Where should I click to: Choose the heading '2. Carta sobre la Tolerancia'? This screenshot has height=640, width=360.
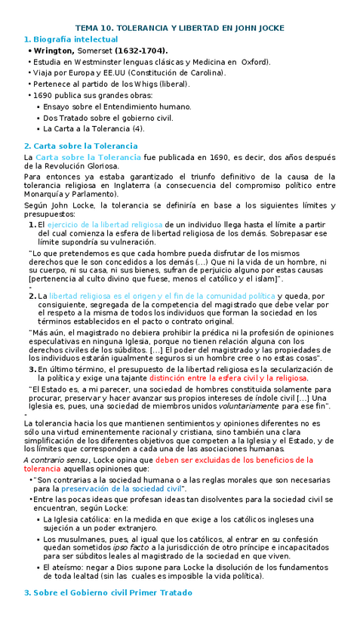(x=81, y=146)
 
